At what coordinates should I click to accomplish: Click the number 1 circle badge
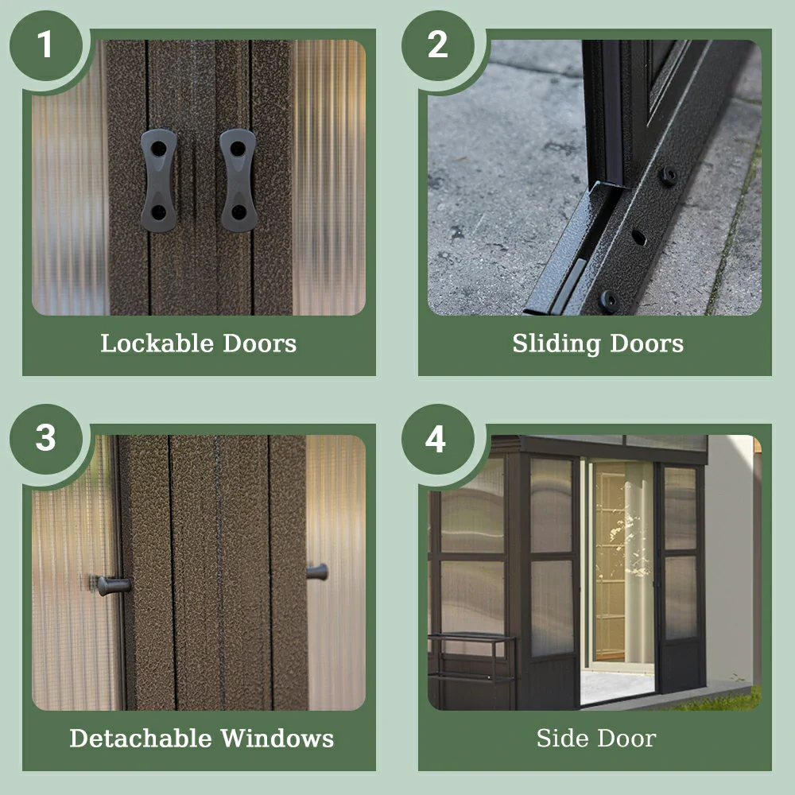(46, 45)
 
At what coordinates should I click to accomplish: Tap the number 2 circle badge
(438, 45)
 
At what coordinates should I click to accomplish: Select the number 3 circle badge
(46, 439)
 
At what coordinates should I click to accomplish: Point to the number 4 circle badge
(438, 439)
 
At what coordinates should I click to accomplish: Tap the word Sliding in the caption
(556, 344)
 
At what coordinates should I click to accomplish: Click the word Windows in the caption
(277, 739)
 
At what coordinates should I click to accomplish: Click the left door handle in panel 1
(159, 180)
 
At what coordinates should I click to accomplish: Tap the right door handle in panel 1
(238, 180)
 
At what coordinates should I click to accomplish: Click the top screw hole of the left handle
(159, 149)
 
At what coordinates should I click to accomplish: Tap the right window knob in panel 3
(318, 572)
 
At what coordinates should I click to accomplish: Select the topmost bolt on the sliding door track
(668, 176)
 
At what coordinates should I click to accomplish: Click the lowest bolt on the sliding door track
(610, 301)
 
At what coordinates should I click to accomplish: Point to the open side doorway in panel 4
(618, 580)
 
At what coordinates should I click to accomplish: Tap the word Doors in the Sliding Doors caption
(647, 343)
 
